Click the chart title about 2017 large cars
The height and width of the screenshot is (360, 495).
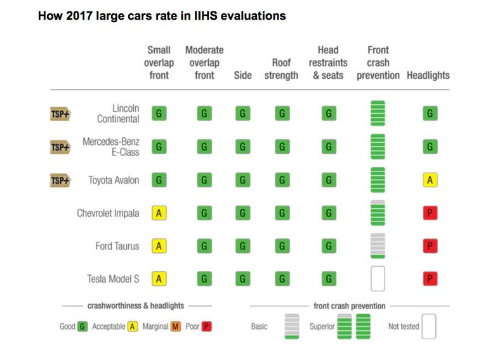[x=162, y=16]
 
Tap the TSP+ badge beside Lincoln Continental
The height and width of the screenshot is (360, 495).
[x=60, y=114]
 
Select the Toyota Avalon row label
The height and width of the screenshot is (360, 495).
[x=114, y=180]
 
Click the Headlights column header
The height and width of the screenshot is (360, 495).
[x=428, y=76]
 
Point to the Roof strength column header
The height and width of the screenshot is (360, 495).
[x=281, y=69]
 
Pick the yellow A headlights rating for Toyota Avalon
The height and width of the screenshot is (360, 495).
[x=430, y=180]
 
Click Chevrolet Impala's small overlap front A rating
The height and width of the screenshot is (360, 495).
[x=159, y=213]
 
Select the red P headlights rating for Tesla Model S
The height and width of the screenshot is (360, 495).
[x=430, y=279]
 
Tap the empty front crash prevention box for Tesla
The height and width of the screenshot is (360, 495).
[x=378, y=279]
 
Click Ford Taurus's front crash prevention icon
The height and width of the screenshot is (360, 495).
[x=378, y=246]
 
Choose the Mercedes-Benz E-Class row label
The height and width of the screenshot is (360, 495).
[x=111, y=147]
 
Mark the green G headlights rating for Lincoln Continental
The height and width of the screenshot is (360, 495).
[x=430, y=114]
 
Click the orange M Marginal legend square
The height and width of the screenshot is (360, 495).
[x=176, y=326]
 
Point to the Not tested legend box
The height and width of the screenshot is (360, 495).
[x=429, y=326]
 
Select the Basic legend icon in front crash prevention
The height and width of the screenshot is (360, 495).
[x=292, y=326]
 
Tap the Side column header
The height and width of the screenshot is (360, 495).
[x=243, y=76]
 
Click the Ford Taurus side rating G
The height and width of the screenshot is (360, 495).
[x=242, y=246]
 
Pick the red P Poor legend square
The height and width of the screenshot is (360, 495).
[x=206, y=326]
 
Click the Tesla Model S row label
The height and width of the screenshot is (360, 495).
[x=113, y=279]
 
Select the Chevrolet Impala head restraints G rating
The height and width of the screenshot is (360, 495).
[x=328, y=213]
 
